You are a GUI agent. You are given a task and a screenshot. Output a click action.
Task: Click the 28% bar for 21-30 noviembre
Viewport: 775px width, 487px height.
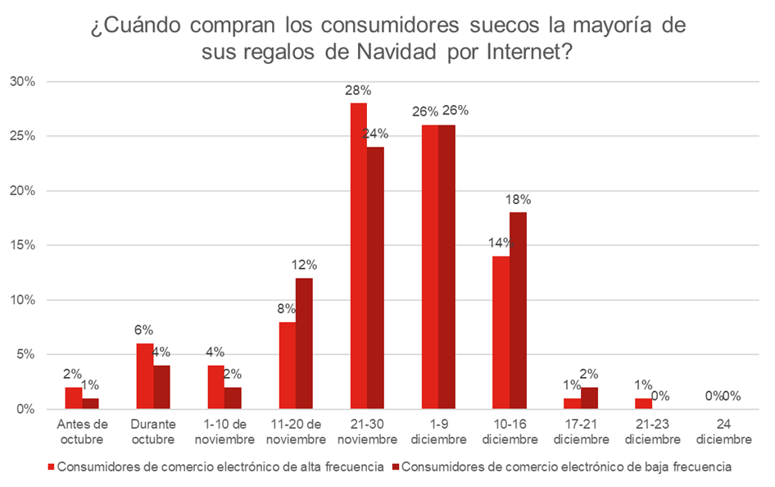(358, 256)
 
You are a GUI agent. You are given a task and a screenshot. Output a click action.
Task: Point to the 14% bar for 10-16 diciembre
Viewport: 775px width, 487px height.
(501, 332)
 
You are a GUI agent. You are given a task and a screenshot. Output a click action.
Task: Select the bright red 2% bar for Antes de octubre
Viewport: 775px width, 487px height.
(73, 398)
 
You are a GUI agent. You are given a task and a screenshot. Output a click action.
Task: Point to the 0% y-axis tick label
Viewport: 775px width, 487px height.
(25, 409)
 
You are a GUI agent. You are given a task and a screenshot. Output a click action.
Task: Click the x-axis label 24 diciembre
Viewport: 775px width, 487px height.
(723, 431)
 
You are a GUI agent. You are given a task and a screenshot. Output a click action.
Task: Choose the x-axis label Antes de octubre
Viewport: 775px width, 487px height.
(82, 431)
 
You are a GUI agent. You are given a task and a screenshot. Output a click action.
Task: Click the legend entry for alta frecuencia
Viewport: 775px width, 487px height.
(220, 467)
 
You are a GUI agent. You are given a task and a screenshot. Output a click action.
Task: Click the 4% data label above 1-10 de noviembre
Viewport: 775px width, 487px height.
(215, 353)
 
